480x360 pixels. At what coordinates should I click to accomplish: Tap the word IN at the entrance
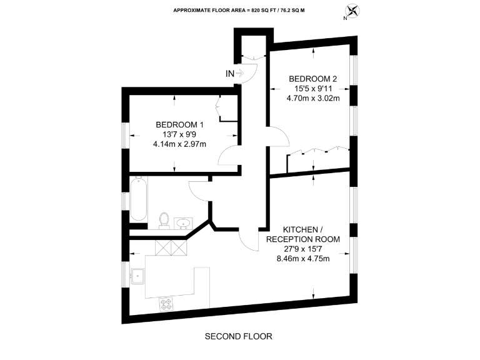coord(230,74)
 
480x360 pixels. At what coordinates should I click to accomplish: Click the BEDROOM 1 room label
coord(179,125)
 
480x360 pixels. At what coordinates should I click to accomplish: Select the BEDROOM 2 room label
coord(312,79)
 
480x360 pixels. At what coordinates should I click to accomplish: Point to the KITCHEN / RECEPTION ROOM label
coord(302,234)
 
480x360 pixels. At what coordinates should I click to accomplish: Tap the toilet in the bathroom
coord(164,219)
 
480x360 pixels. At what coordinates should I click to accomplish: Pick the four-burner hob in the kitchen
coord(167,304)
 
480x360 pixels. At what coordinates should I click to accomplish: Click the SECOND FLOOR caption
coord(239,336)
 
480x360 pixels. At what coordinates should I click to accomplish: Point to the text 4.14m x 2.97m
coord(179,144)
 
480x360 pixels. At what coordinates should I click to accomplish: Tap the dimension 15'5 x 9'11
coord(312,88)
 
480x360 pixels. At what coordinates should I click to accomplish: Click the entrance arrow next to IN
coord(241,74)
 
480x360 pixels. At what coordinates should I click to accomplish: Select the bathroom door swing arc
coord(198,189)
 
